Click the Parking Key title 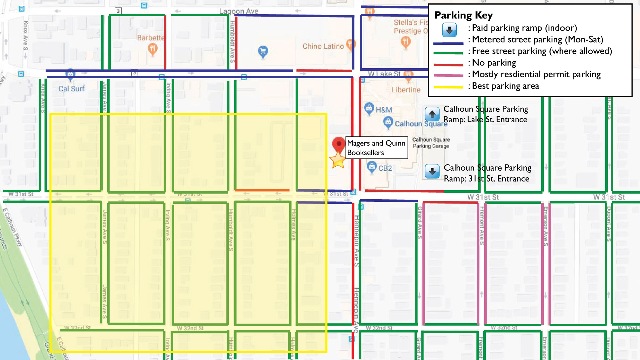point(463,15)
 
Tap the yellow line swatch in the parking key point(448,87)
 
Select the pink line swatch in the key point(448,75)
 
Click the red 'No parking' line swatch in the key point(448,64)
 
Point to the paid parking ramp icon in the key point(449,30)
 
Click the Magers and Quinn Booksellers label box point(376,148)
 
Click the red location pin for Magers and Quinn point(338,144)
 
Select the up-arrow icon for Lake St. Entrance point(432,114)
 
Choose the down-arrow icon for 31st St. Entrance point(432,171)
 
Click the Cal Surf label point(72,89)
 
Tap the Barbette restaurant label point(150,38)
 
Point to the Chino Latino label point(323,46)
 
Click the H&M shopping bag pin point(369,108)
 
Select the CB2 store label point(385,168)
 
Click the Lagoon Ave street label point(238,11)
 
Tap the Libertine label point(406,90)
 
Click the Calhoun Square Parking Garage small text point(431,143)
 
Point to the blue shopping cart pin point(263,52)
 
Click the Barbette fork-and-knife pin point(152,49)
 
